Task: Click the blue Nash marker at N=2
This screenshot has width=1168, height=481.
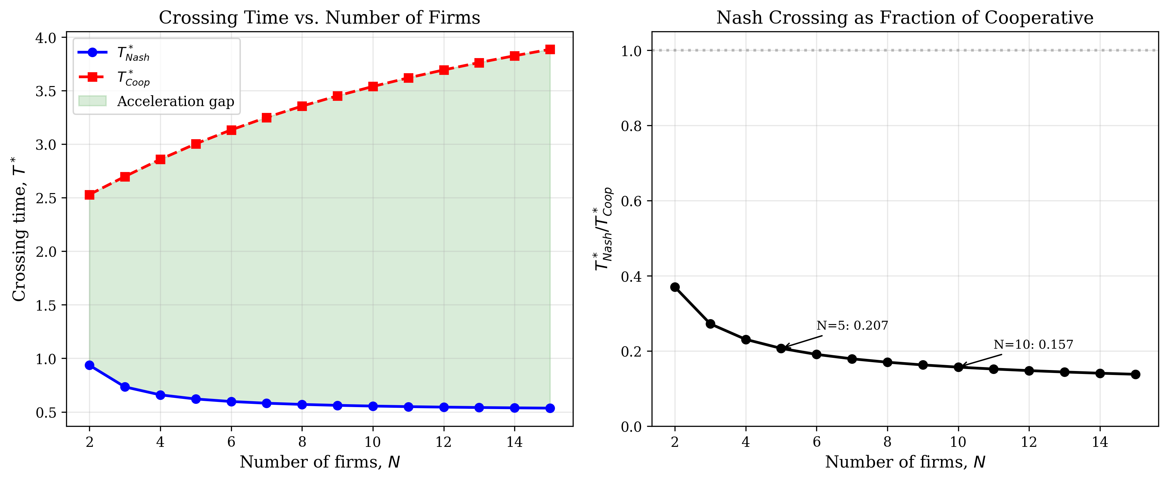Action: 89,365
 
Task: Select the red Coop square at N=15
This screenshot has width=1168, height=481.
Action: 550,49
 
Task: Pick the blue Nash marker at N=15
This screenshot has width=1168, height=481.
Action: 550,408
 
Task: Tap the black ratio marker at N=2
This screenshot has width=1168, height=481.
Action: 675,287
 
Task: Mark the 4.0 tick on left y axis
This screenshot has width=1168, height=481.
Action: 45,38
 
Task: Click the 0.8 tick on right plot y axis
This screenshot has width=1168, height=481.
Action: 631,126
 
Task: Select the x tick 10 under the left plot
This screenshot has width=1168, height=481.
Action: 373,442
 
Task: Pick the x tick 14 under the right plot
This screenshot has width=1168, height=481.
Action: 1100,442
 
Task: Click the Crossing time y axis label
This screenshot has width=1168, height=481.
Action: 19,229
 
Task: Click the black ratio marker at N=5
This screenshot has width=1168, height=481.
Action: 781,348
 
